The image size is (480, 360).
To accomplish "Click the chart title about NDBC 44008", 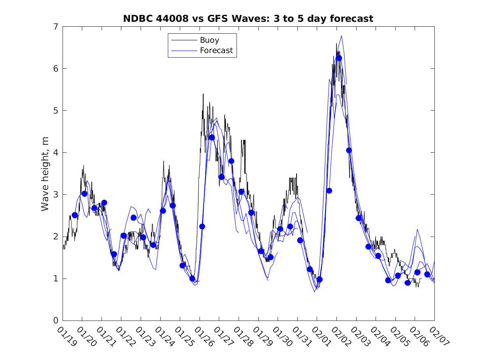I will [248, 19].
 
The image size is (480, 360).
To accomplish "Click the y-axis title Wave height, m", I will [45, 174].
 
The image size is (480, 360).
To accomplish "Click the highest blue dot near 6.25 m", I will [339, 58].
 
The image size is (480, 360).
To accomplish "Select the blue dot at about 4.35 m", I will [212, 137].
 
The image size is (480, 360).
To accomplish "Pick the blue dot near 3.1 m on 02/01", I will [329, 190].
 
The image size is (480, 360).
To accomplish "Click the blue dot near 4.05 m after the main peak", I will [349, 150].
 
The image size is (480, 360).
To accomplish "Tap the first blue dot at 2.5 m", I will [75, 215].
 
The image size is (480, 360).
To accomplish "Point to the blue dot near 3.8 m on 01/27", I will [231, 161].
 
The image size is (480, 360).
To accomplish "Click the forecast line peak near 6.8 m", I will [342, 36].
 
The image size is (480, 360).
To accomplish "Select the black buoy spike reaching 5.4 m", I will [203, 94].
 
